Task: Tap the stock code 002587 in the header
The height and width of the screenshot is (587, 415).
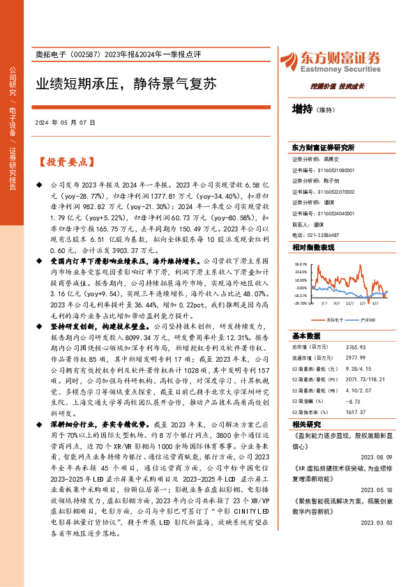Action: [86, 56]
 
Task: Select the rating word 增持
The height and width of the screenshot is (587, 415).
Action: [302, 109]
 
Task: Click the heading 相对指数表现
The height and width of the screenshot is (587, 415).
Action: [313, 247]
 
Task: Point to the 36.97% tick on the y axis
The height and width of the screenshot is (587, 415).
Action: [301, 265]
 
